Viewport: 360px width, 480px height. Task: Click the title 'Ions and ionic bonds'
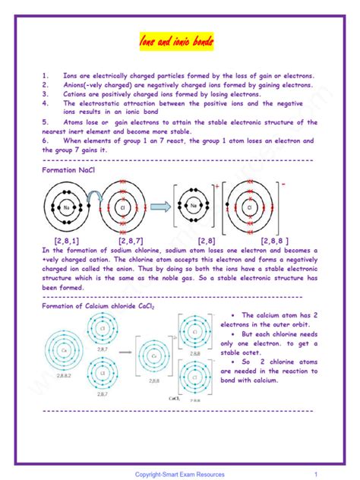point(180,39)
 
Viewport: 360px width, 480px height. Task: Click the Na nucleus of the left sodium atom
point(68,207)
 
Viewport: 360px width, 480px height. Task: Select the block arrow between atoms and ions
point(159,207)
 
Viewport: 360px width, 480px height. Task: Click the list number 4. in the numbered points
point(46,103)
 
